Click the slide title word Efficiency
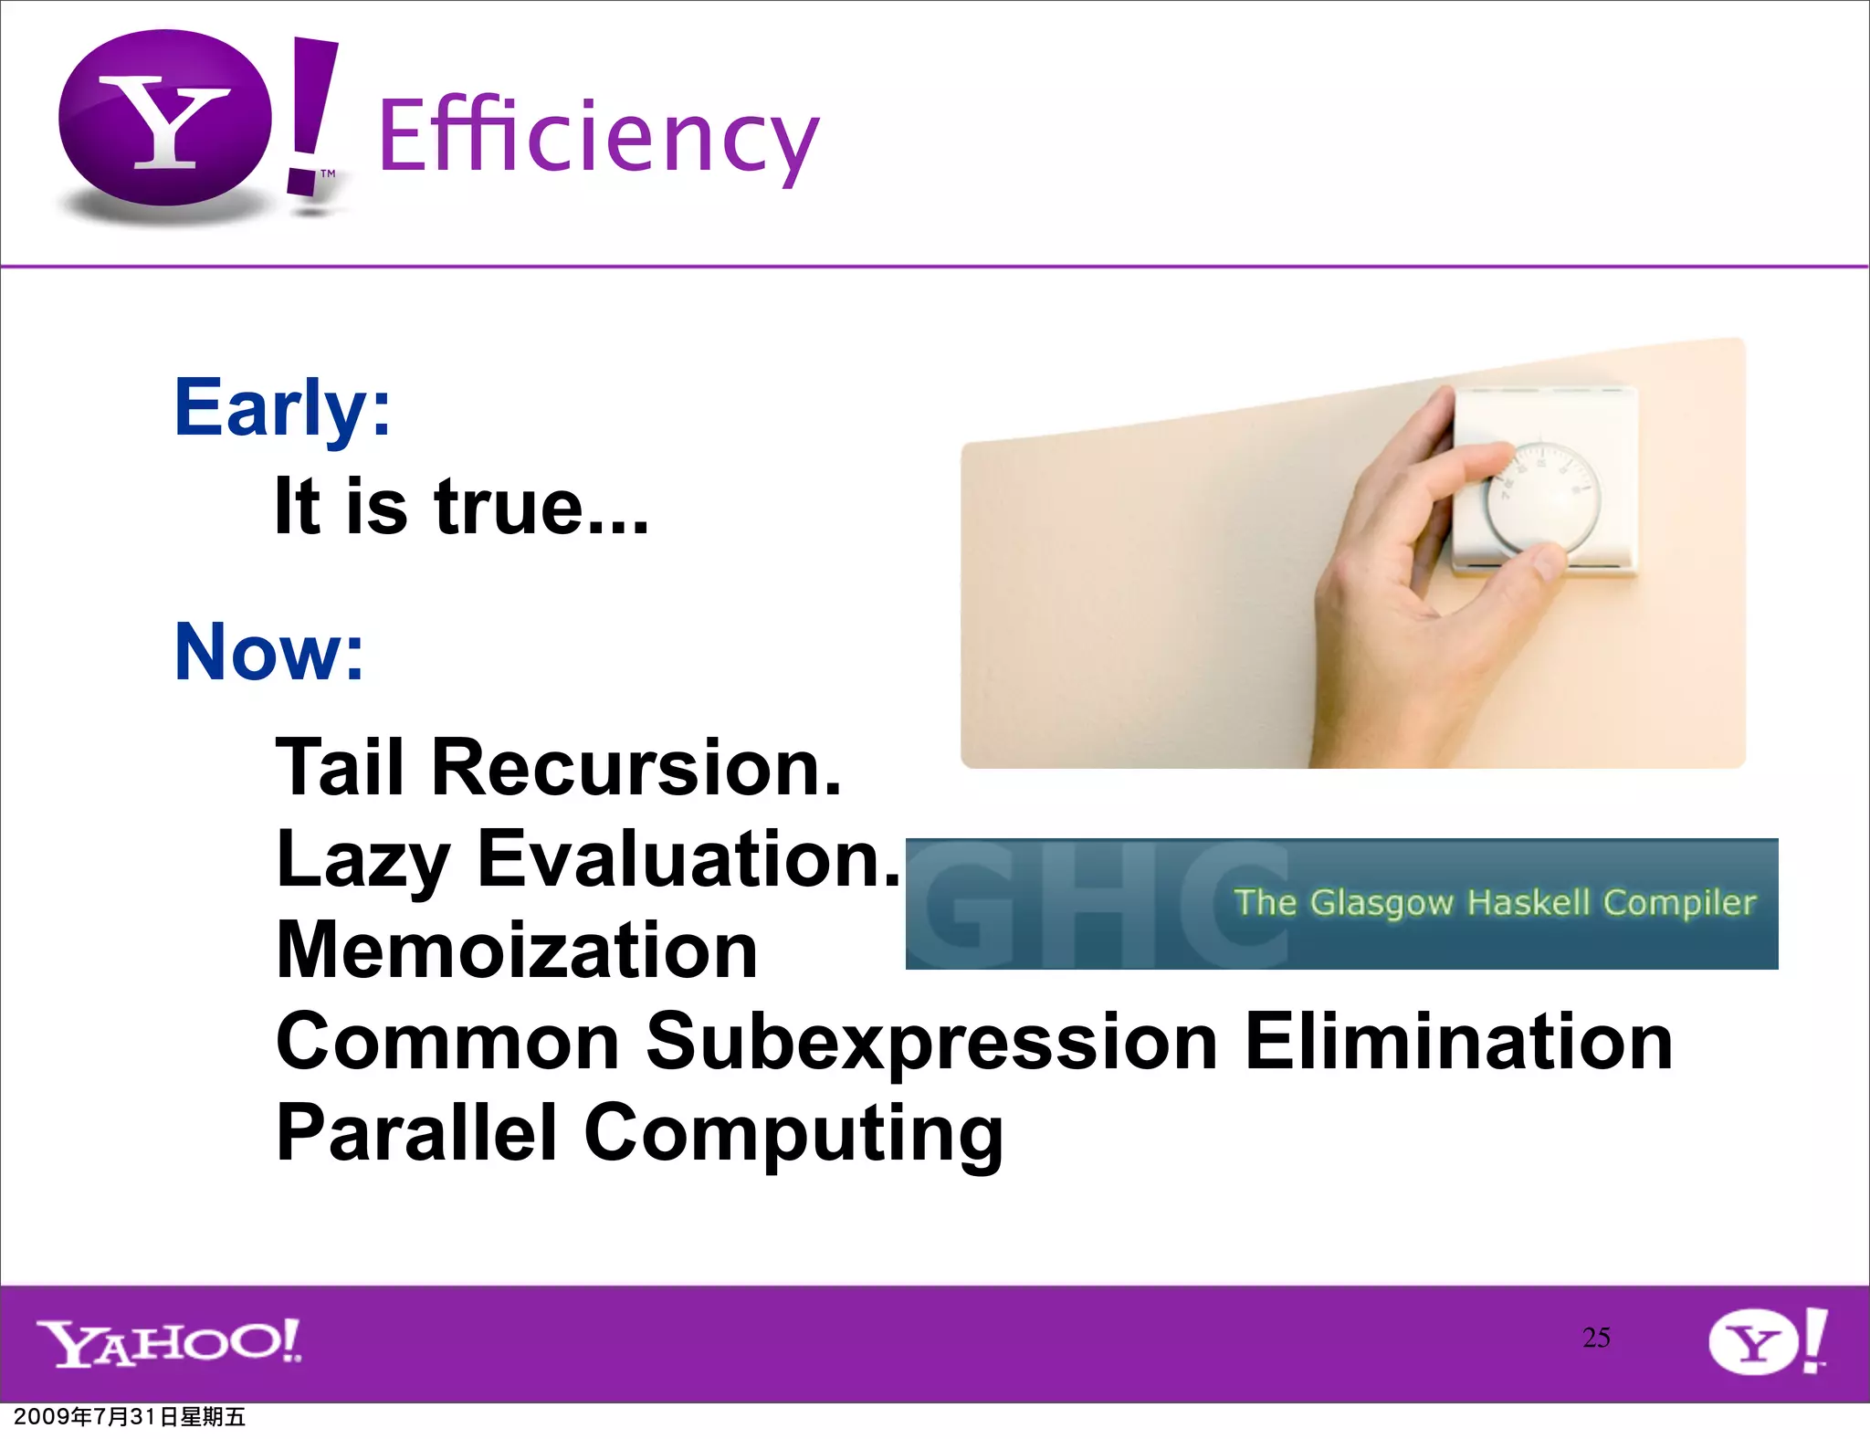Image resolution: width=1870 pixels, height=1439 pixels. click(598, 137)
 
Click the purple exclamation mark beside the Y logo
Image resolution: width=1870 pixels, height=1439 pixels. click(309, 114)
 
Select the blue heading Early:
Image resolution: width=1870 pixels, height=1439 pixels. click(282, 408)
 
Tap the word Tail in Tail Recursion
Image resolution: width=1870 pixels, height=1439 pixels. click(340, 767)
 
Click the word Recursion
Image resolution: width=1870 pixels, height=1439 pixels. click(636, 767)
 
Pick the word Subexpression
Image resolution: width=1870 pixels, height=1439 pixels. click(931, 1043)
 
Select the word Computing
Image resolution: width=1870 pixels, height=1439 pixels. click(793, 1134)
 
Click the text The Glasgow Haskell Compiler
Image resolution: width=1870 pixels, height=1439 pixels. click(1494, 902)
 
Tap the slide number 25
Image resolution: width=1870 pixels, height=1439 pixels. click(1596, 1338)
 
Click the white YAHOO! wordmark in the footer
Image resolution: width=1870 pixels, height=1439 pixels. click(169, 1342)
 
